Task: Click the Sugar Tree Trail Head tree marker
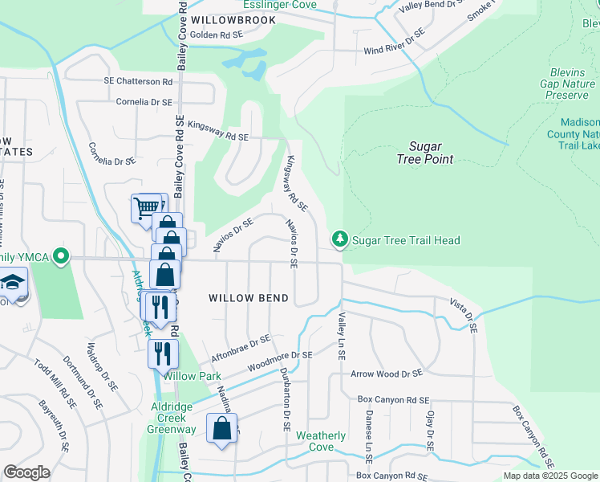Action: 340,239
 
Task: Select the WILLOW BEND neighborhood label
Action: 249,297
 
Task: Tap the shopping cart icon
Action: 146,207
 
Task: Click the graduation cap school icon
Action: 12,282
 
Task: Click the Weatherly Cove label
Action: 321,441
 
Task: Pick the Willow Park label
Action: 192,375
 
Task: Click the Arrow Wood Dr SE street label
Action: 387,374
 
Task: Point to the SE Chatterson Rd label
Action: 138,82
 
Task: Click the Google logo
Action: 26,472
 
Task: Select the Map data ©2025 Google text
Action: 549,476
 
